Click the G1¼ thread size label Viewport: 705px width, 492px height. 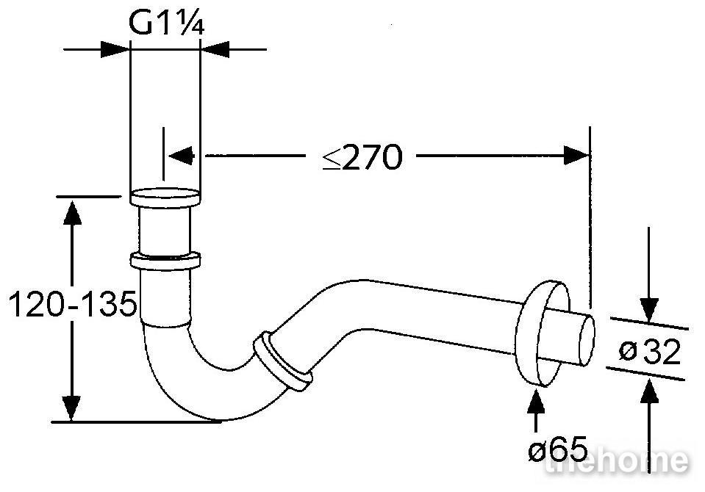[166, 23]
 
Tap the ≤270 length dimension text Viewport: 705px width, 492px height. [362, 157]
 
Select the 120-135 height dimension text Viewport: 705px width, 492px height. [72, 304]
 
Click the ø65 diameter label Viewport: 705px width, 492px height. [557, 448]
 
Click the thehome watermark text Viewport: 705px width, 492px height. [616, 460]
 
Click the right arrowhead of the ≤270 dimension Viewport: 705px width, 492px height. [576, 156]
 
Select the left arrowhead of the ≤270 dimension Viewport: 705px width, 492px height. [181, 156]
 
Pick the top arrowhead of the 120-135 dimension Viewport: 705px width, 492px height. [72, 212]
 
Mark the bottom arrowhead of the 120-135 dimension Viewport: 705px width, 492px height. [72, 408]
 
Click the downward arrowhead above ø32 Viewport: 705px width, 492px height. [649, 310]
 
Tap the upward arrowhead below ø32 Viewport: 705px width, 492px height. [649, 391]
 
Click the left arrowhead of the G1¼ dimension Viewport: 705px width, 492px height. [114, 49]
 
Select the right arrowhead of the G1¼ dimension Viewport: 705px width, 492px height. [215, 49]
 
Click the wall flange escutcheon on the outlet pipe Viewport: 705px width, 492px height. [543, 333]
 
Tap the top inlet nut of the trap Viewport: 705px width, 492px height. [165, 198]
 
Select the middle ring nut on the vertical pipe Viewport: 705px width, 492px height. [165, 261]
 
